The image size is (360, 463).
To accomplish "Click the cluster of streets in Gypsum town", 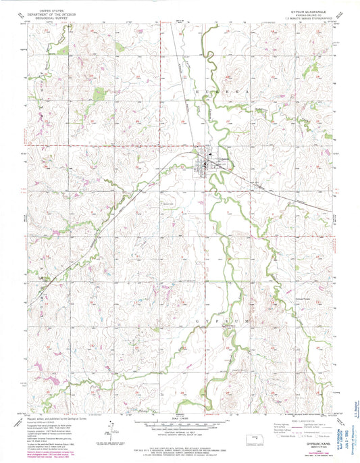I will (205, 162).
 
